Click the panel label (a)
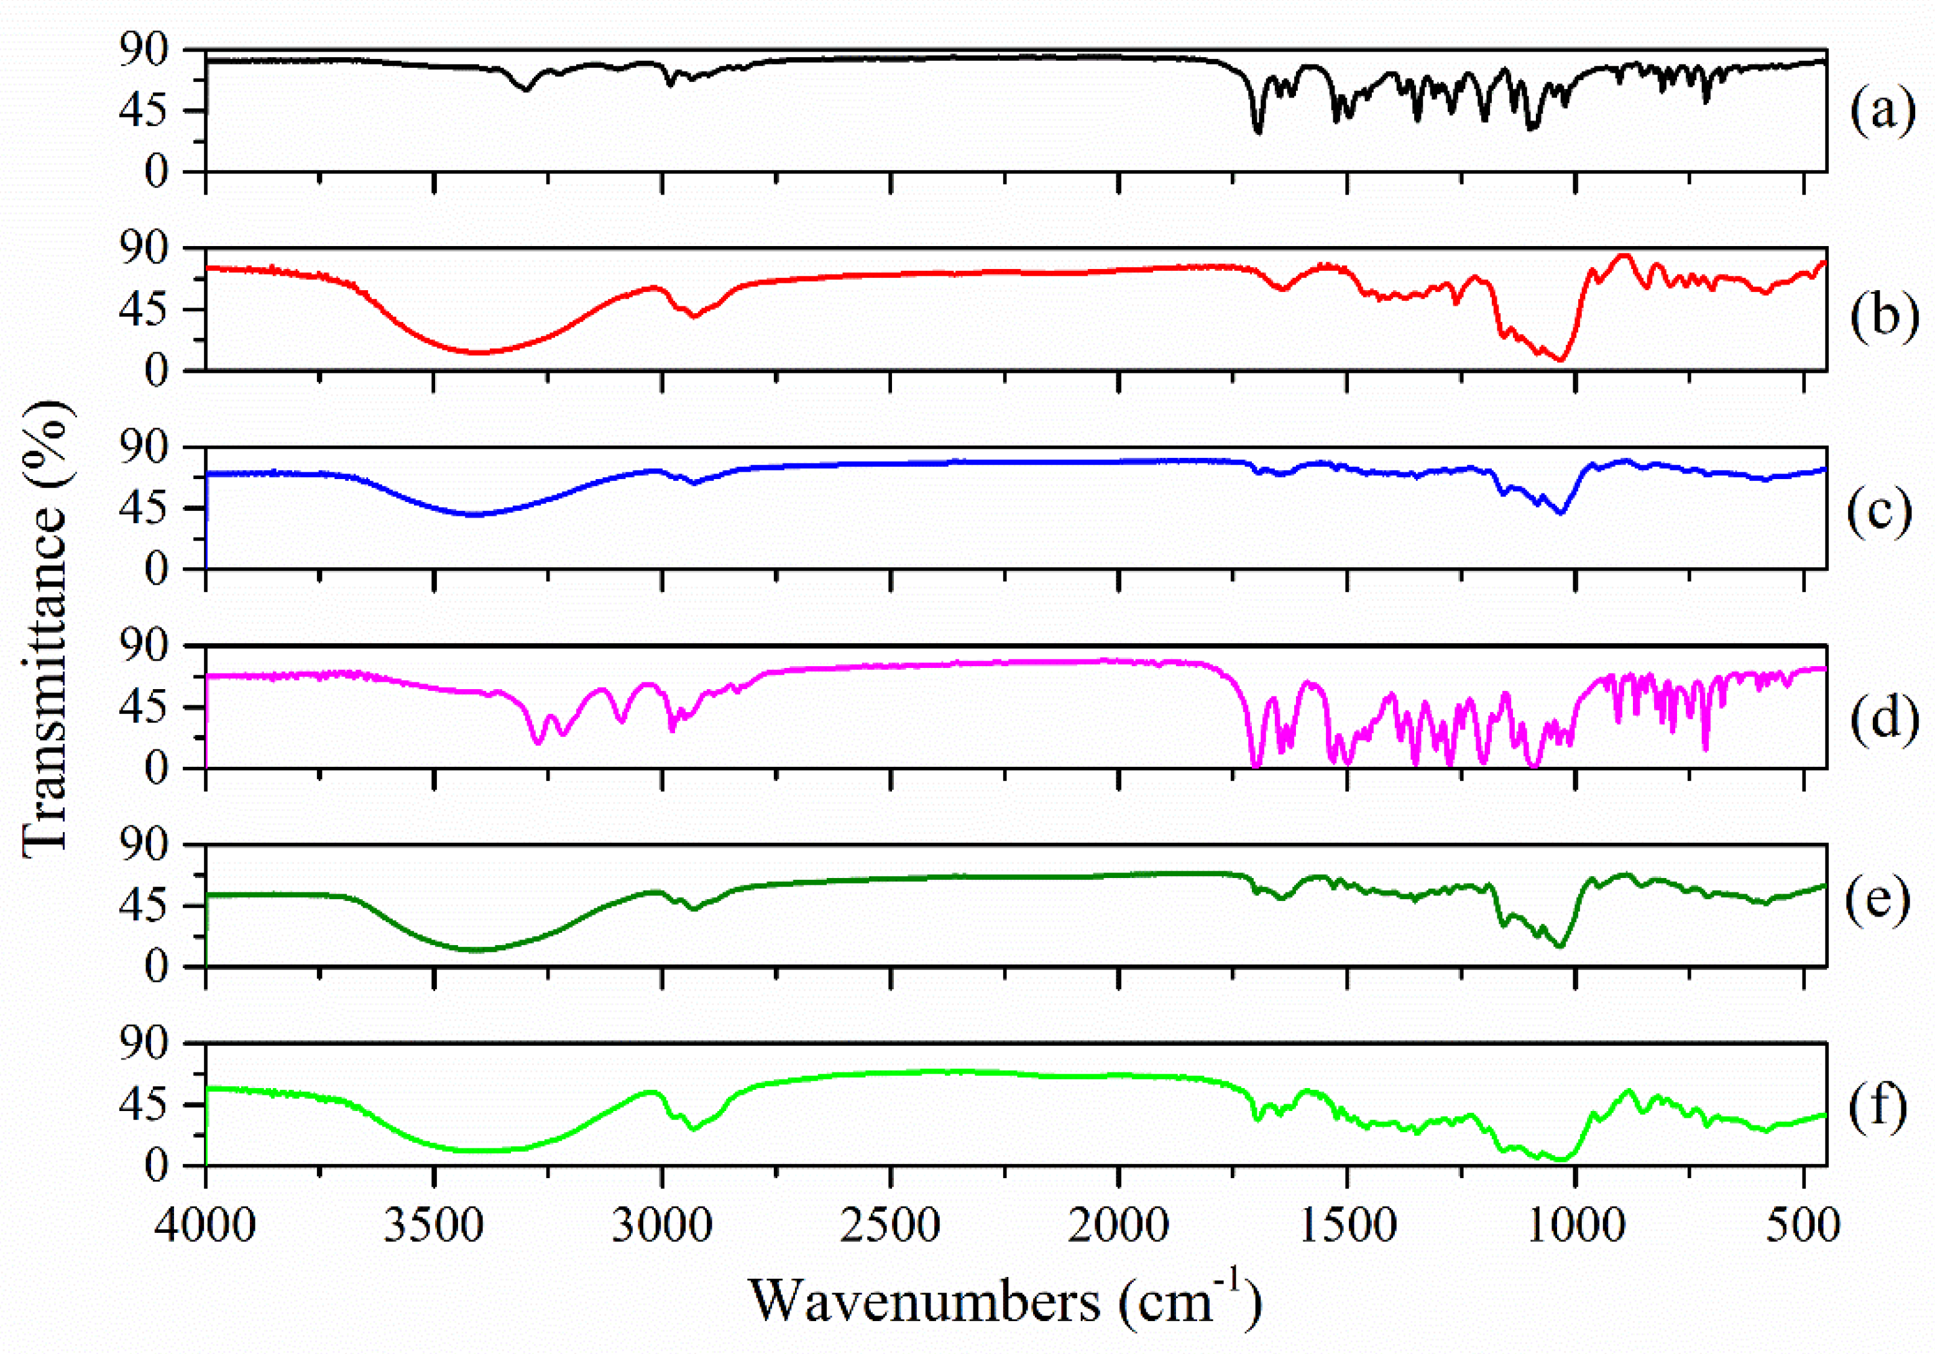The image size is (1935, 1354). point(1882,112)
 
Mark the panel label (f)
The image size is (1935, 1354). point(1878,1109)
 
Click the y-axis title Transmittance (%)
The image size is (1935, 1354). point(47,628)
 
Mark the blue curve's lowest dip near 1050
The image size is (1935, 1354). point(1561,513)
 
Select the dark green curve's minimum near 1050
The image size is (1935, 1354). point(1560,946)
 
